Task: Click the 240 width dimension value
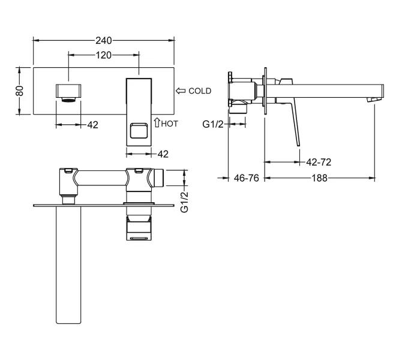click(x=104, y=41)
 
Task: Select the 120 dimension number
click(x=104, y=55)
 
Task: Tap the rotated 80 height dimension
click(x=20, y=91)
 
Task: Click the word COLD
click(x=200, y=91)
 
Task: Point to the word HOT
click(x=170, y=124)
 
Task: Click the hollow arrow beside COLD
click(x=181, y=91)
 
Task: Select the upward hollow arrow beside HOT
click(x=157, y=122)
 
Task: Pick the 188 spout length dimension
click(x=320, y=178)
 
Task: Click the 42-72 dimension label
click(x=319, y=162)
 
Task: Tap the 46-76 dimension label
click(x=247, y=178)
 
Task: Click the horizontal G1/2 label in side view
click(x=213, y=124)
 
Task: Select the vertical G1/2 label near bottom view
click(x=184, y=202)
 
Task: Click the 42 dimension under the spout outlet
click(x=93, y=125)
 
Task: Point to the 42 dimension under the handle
click(x=163, y=154)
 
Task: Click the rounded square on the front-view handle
click(x=139, y=131)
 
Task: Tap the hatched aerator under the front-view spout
click(x=68, y=100)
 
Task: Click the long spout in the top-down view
click(x=68, y=265)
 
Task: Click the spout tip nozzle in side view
click(x=374, y=100)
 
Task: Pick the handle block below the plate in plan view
click(x=139, y=228)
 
